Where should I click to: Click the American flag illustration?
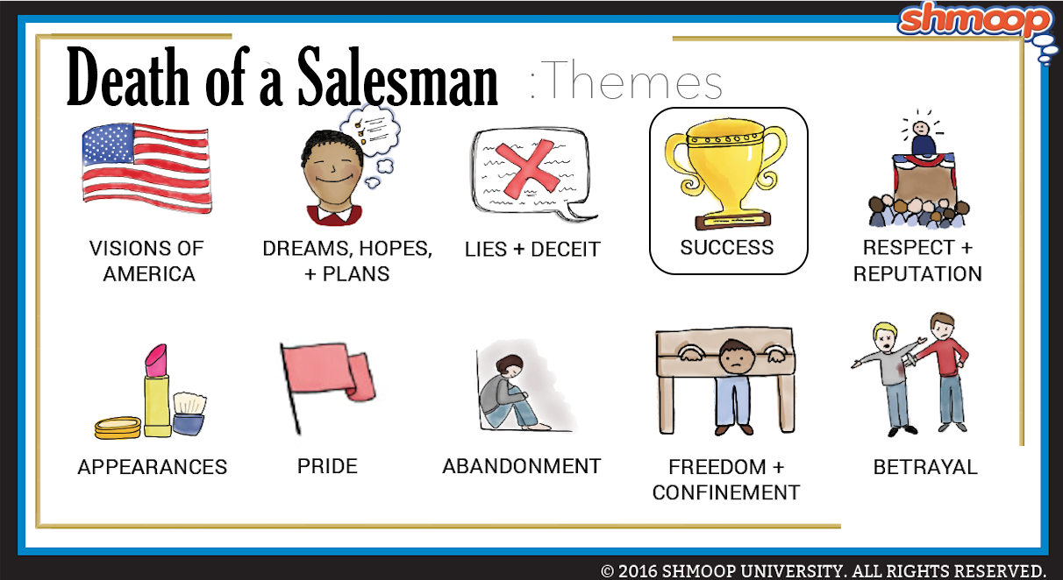pos(146,168)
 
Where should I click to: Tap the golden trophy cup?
pos(725,173)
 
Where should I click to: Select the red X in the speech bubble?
pos(527,168)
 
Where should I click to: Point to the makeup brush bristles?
pos(189,403)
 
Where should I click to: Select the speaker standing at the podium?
pos(922,138)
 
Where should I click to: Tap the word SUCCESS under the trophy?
pos(726,248)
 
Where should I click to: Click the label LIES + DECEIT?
pos(532,250)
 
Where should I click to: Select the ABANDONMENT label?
pos(522,466)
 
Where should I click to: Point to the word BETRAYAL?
pos(925,467)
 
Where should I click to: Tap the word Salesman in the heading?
pos(397,77)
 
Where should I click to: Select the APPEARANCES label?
pos(153,467)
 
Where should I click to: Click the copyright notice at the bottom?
pos(824,570)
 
